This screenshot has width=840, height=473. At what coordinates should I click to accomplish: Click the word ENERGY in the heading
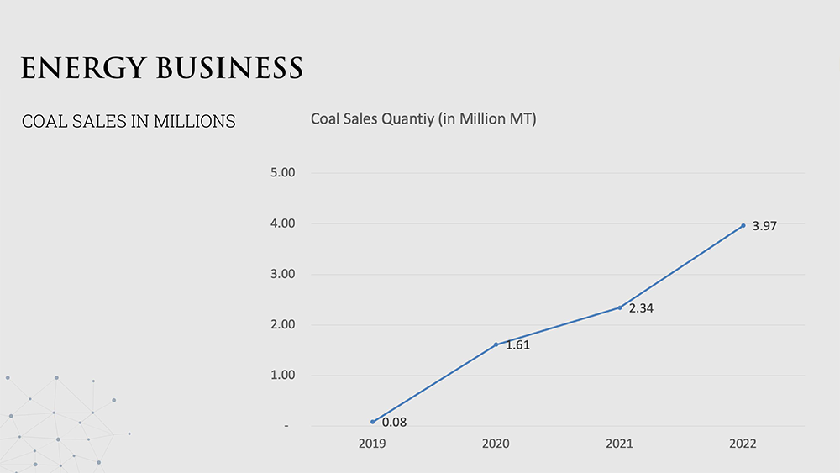[x=83, y=69]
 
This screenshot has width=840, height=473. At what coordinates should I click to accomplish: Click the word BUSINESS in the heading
[x=230, y=68]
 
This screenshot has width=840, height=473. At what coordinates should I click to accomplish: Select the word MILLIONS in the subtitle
[x=195, y=121]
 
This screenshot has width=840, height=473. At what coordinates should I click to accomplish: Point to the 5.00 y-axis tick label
[x=283, y=172]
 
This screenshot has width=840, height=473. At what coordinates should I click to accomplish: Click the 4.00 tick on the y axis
[x=283, y=223]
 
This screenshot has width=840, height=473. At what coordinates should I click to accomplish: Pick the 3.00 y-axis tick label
[x=283, y=274]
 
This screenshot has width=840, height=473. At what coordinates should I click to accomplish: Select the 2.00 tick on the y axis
[x=283, y=324]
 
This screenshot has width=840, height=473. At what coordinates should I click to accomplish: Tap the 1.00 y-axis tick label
[x=283, y=375]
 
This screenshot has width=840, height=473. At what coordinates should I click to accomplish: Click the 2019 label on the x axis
[x=372, y=444]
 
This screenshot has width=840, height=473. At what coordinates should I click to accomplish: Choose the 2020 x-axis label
[x=496, y=444]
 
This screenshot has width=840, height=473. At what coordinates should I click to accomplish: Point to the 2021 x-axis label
[x=619, y=444]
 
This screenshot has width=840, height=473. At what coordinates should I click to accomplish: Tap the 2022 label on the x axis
[x=743, y=444]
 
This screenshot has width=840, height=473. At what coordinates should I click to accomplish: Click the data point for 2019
[x=372, y=422]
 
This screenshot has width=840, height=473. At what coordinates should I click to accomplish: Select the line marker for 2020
[x=496, y=344]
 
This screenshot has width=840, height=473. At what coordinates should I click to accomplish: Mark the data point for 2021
[x=620, y=307]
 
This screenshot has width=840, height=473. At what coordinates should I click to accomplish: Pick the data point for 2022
[x=743, y=225]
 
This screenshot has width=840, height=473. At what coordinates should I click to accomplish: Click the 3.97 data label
[x=764, y=226]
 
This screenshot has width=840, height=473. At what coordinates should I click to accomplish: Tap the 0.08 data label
[x=394, y=423]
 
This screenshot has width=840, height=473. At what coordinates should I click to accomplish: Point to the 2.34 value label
[x=641, y=308]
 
